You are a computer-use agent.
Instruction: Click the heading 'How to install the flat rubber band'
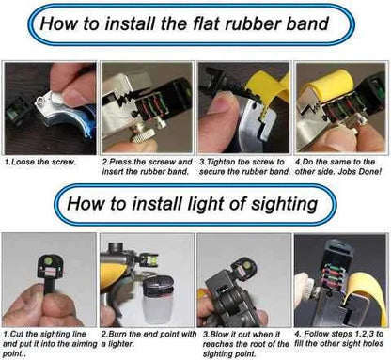click(x=184, y=23)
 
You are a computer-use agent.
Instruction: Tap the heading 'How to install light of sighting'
click(x=193, y=204)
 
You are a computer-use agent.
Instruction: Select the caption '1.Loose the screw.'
click(x=40, y=162)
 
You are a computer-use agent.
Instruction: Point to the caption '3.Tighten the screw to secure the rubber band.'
click(x=244, y=166)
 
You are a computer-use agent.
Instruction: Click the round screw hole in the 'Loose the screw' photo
click(x=40, y=101)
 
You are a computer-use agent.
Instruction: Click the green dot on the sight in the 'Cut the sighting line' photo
click(x=50, y=260)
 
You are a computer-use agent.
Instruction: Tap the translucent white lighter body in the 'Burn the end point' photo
click(x=155, y=308)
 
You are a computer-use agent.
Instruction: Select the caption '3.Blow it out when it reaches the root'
click(x=246, y=344)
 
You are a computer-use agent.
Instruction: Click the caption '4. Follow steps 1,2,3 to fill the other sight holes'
click(x=339, y=338)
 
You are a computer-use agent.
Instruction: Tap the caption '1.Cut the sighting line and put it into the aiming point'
click(x=50, y=344)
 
